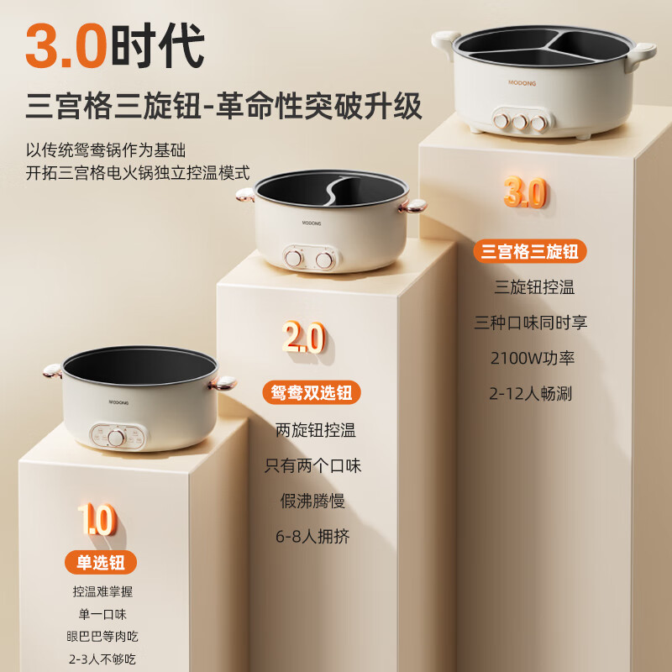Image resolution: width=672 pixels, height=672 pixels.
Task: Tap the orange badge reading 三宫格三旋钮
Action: tap(530, 250)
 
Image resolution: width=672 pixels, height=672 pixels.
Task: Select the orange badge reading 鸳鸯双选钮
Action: tap(312, 392)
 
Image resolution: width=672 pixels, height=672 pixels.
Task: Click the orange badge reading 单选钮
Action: tap(101, 562)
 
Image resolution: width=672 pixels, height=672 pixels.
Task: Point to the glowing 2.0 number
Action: tap(303, 339)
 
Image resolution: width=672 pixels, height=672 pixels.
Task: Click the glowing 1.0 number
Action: tap(96, 519)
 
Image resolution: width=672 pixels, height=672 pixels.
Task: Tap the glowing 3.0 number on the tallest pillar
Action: tap(525, 193)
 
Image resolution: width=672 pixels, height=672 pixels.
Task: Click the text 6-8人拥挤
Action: tap(313, 536)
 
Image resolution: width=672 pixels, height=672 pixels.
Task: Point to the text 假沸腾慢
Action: tap(313, 501)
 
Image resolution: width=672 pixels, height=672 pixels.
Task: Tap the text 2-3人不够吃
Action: tap(101, 659)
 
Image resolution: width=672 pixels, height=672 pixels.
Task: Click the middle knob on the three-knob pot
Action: tap(519, 121)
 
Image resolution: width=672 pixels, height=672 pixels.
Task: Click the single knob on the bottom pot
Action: tap(115, 437)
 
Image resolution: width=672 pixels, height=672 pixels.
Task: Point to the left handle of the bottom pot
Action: tap(52, 370)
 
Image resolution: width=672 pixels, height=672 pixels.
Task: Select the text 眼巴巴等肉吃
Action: tap(101, 636)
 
